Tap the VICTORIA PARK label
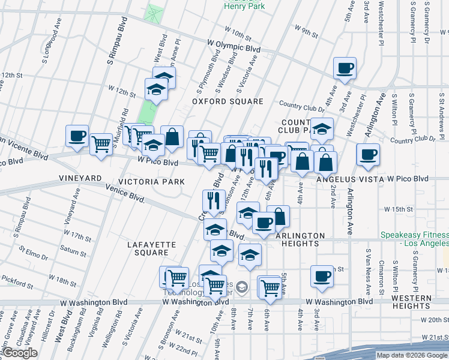[x=142, y=181]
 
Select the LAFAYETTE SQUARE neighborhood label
[x=151, y=248]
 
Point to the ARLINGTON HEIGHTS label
[x=300, y=239]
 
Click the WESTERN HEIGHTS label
[x=420, y=302]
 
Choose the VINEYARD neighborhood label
[x=79, y=179]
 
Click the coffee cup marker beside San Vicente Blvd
[x=77, y=136]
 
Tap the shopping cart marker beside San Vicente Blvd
[x=101, y=144]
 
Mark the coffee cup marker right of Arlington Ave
[x=367, y=154]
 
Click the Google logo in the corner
[x=20, y=353]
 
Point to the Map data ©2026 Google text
[x=412, y=355]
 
